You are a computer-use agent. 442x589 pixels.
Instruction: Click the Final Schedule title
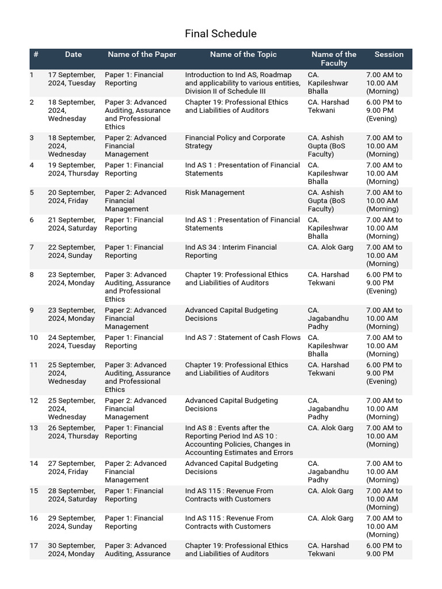220,34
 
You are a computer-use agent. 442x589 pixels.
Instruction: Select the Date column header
73,55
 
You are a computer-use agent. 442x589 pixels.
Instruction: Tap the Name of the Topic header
243,55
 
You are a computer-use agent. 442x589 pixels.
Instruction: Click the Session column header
389,55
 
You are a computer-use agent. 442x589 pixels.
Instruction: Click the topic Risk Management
215,193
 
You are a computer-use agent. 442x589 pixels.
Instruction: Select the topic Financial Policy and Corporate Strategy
235,142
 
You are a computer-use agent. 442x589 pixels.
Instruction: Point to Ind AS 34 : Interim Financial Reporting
230,251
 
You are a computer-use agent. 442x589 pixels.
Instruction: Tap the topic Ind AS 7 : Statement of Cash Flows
242,338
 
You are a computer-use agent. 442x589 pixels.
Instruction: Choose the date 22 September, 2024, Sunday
72,251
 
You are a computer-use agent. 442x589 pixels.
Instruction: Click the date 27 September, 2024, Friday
71,468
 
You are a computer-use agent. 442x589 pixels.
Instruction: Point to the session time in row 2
384,110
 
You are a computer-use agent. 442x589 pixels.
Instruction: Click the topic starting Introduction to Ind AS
242,83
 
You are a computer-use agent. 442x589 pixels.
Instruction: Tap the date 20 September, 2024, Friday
71,197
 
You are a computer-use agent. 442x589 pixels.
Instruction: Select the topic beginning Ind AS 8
237,440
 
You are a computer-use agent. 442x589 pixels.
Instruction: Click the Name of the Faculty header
334,59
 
